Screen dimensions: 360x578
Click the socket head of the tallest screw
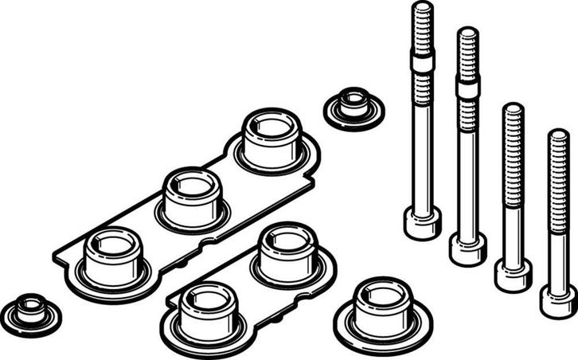422,222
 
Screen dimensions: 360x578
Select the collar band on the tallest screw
423,61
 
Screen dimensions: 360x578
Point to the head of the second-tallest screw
467,248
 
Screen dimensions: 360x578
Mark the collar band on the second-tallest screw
468,86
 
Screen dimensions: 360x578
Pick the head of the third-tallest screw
513,274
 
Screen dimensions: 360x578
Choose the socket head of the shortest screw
558,300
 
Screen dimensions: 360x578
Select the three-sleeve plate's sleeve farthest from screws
113,256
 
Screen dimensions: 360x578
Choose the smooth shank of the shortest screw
559,239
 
